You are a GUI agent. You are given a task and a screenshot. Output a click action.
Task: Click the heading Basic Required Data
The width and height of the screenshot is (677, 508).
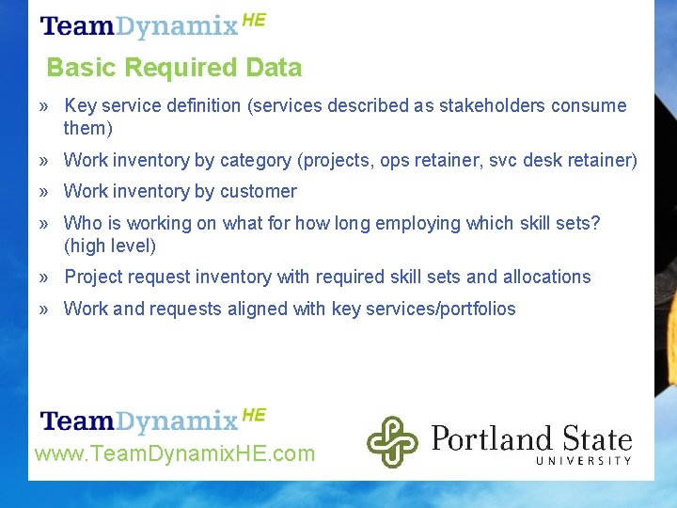point(174,68)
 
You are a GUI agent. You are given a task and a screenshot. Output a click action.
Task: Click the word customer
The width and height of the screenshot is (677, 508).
point(259,191)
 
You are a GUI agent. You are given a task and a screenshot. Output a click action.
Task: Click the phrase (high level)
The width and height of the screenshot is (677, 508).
point(109,246)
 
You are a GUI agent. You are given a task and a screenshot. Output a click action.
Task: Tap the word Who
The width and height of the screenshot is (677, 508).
point(81,223)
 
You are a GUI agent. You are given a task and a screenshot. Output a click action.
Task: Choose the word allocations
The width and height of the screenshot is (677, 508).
point(546,277)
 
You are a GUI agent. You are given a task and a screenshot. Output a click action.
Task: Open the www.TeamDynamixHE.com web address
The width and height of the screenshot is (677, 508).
point(175,454)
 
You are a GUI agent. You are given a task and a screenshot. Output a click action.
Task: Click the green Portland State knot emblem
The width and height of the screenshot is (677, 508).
point(392,441)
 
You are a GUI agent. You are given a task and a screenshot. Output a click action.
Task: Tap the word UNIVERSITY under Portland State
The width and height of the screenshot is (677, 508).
point(583,460)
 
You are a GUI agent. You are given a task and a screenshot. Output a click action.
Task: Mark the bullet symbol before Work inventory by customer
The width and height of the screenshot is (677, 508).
point(44,192)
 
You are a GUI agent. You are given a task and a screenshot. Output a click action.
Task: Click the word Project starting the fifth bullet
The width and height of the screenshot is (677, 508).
point(94,277)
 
